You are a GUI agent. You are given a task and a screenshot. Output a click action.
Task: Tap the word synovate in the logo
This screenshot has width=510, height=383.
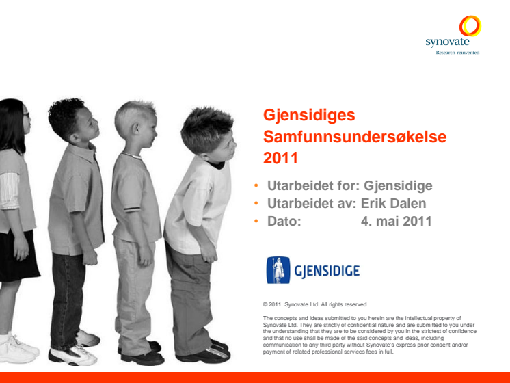447,42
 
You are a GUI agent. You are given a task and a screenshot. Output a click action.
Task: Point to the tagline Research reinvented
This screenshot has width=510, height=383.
457,53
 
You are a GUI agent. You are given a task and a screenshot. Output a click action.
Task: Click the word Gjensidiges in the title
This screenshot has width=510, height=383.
309,116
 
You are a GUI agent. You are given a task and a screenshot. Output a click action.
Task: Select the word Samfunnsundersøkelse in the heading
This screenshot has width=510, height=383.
355,136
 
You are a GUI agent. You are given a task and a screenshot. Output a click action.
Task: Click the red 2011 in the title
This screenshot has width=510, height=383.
281,158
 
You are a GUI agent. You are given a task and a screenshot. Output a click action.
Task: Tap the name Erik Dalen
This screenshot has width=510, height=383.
393,203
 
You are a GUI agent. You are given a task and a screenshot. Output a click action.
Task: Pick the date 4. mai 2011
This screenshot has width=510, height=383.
396,222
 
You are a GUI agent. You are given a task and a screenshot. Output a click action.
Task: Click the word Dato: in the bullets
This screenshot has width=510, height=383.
284,222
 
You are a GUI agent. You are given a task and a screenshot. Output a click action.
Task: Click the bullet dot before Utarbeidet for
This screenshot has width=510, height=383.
256,185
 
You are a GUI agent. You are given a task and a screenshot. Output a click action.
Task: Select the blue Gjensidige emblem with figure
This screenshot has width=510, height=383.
278,270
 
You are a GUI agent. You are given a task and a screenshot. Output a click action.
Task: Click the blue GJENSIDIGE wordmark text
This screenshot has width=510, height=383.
327,271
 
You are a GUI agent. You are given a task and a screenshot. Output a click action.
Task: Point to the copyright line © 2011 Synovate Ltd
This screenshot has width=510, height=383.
315,304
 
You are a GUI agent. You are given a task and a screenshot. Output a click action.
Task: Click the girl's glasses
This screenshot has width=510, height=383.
27,114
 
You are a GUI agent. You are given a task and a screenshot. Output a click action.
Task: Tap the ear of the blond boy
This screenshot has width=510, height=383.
135,129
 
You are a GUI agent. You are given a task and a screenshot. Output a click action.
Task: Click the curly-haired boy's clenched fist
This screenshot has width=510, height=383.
90,258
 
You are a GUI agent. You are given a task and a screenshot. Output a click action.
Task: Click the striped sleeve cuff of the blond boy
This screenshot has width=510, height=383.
132,209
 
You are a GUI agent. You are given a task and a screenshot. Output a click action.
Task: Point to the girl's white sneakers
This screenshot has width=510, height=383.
18,349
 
